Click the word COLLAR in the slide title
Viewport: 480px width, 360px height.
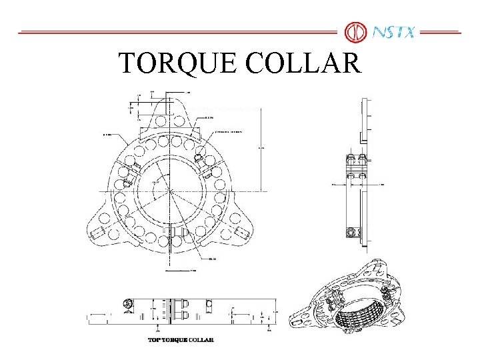pos(303,63)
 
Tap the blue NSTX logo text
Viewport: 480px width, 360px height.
pos(393,31)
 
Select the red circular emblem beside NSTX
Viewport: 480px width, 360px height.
pos(355,31)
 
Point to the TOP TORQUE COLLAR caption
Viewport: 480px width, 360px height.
pos(181,340)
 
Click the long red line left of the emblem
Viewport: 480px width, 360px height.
pos(177,32)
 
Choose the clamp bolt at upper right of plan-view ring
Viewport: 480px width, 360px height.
pos(199,158)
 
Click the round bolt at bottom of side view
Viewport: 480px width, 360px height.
pos(352,233)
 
